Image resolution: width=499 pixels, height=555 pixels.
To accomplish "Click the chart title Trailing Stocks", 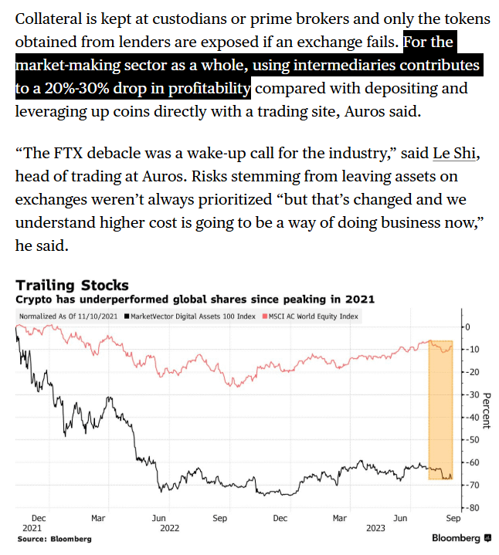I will pos(72,286).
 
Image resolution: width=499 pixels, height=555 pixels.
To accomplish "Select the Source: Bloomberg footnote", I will pos(54,539).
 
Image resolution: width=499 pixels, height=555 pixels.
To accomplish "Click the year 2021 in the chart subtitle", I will pos(359,299).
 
